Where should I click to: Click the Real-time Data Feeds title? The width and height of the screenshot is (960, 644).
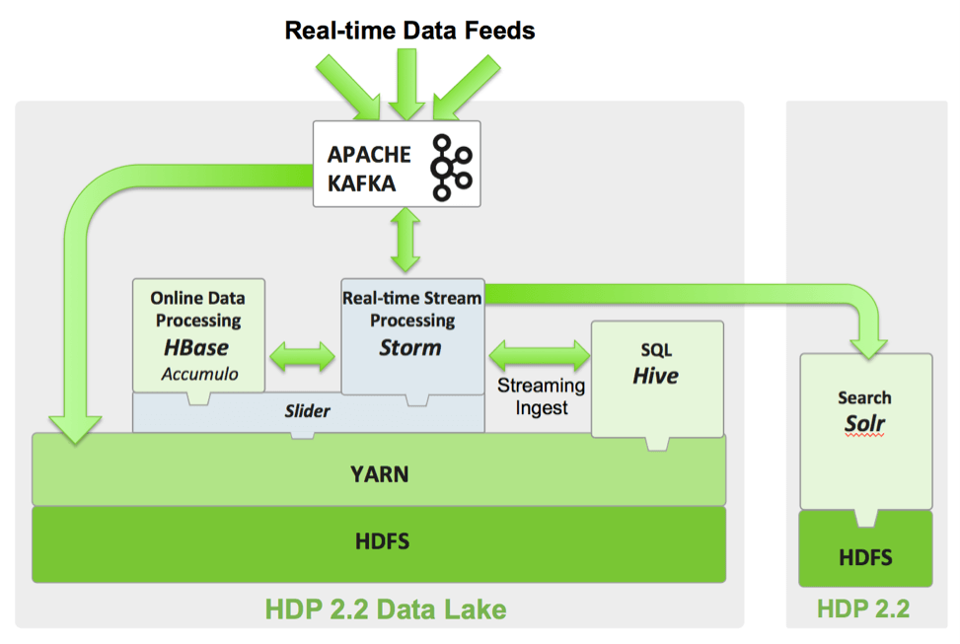click(x=409, y=31)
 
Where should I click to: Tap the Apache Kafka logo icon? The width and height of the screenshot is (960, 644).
click(x=453, y=165)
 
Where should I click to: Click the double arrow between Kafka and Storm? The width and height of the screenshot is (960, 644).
click(x=406, y=242)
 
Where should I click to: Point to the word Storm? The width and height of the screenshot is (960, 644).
click(x=411, y=347)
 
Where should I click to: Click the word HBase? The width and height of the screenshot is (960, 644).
click(x=197, y=347)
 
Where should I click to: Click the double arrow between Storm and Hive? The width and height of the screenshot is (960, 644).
click(x=538, y=352)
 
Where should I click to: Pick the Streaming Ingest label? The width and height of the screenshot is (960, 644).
click(x=541, y=395)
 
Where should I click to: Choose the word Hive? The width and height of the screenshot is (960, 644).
click(x=656, y=376)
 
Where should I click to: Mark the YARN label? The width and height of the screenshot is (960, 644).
click(x=379, y=474)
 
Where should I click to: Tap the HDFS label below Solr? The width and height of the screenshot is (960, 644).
click(x=865, y=558)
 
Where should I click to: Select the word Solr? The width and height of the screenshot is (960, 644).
click(x=864, y=424)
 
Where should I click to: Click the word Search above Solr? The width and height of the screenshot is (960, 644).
click(x=864, y=397)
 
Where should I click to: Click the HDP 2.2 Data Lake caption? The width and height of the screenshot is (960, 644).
click(x=386, y=608)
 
